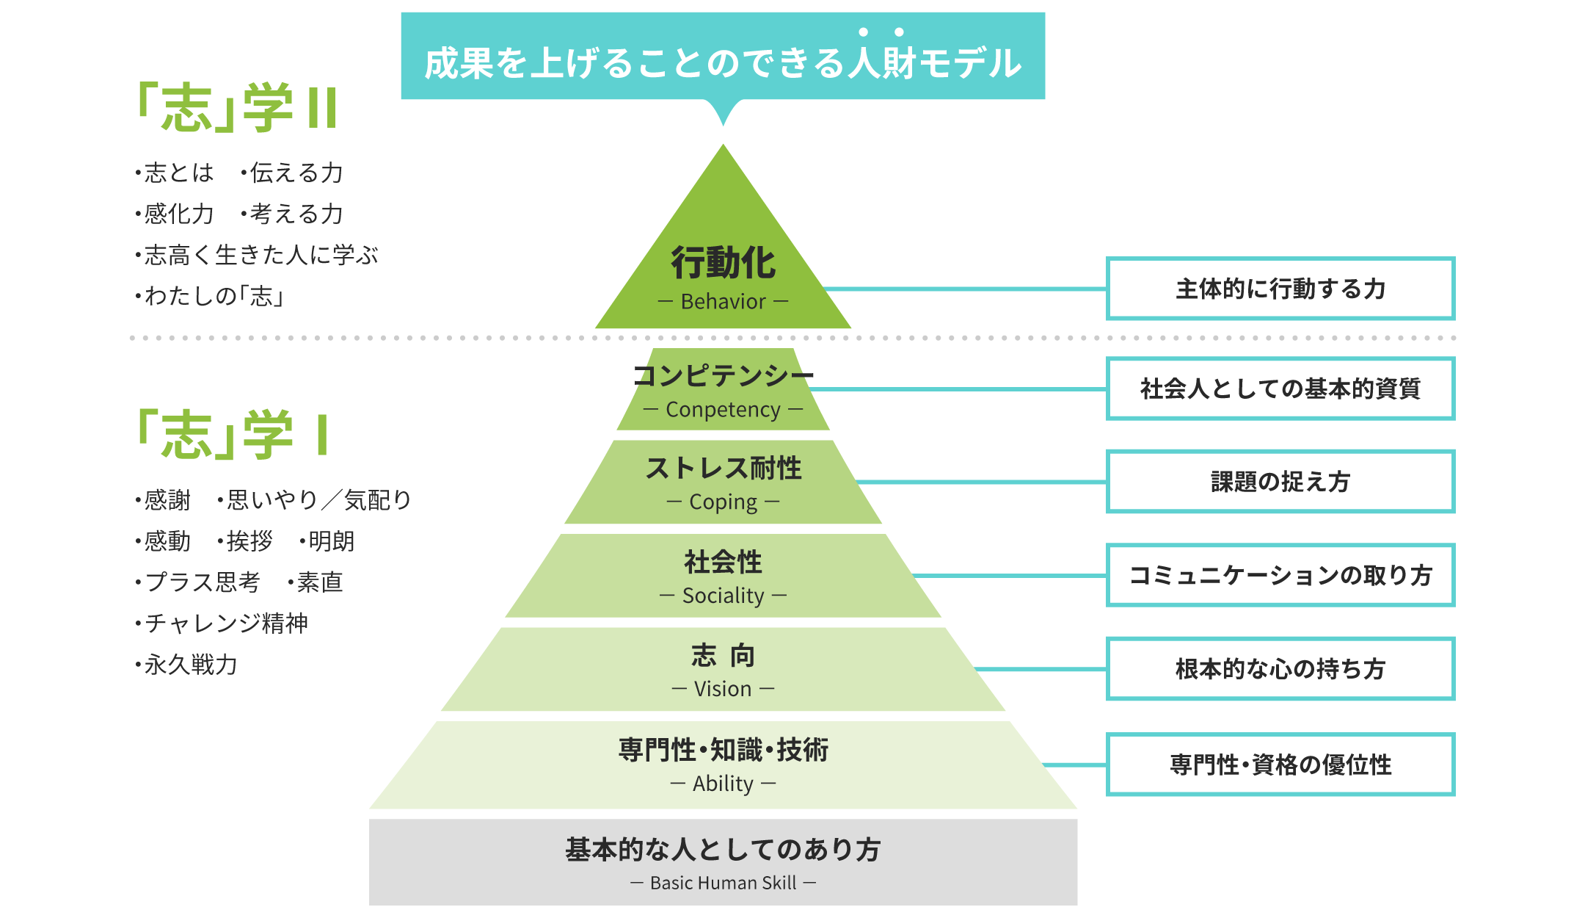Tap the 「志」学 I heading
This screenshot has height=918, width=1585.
click(233, 435)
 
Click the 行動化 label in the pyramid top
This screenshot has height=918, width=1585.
click(723, 263)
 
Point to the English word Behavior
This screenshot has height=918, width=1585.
click(723, 302)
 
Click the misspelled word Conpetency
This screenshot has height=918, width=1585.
click(723, 410)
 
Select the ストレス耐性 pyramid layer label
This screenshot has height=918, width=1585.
click(723, 468)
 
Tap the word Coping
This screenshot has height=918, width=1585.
click(723, 502)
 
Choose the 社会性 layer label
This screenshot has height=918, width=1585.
click(723, 562)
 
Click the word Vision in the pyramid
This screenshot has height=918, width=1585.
click(723, 689)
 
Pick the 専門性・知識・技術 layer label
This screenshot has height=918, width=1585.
click(723, 750)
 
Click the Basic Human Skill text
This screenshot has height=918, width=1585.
click(723, 883)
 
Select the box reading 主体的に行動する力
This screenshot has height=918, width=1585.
click(1280, 289)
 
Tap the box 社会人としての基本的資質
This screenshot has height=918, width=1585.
click(1280, 388)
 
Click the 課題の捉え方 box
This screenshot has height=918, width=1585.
click(1280, 482)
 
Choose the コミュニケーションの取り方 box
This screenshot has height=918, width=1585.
click(1280, 575)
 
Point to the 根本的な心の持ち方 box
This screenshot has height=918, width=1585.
click(1280, 669)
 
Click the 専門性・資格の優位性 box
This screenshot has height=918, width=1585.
click(1280, 765)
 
